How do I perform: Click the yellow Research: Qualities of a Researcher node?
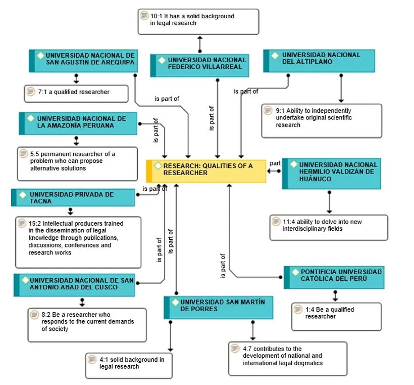point(207,171)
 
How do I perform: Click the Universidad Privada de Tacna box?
point(74,197)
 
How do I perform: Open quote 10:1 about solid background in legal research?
point(198,21)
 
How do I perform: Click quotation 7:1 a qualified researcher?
point(76,93)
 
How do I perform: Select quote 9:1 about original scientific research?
point(322,120)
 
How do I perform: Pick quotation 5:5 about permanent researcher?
point(77,163)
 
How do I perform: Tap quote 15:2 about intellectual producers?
point(78,242)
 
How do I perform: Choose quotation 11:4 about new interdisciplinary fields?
point(329,227)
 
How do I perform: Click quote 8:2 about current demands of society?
point(86,324)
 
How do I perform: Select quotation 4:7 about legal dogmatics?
point(287,358)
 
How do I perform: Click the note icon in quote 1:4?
point(298,309)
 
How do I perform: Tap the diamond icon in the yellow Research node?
point(158,166)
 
